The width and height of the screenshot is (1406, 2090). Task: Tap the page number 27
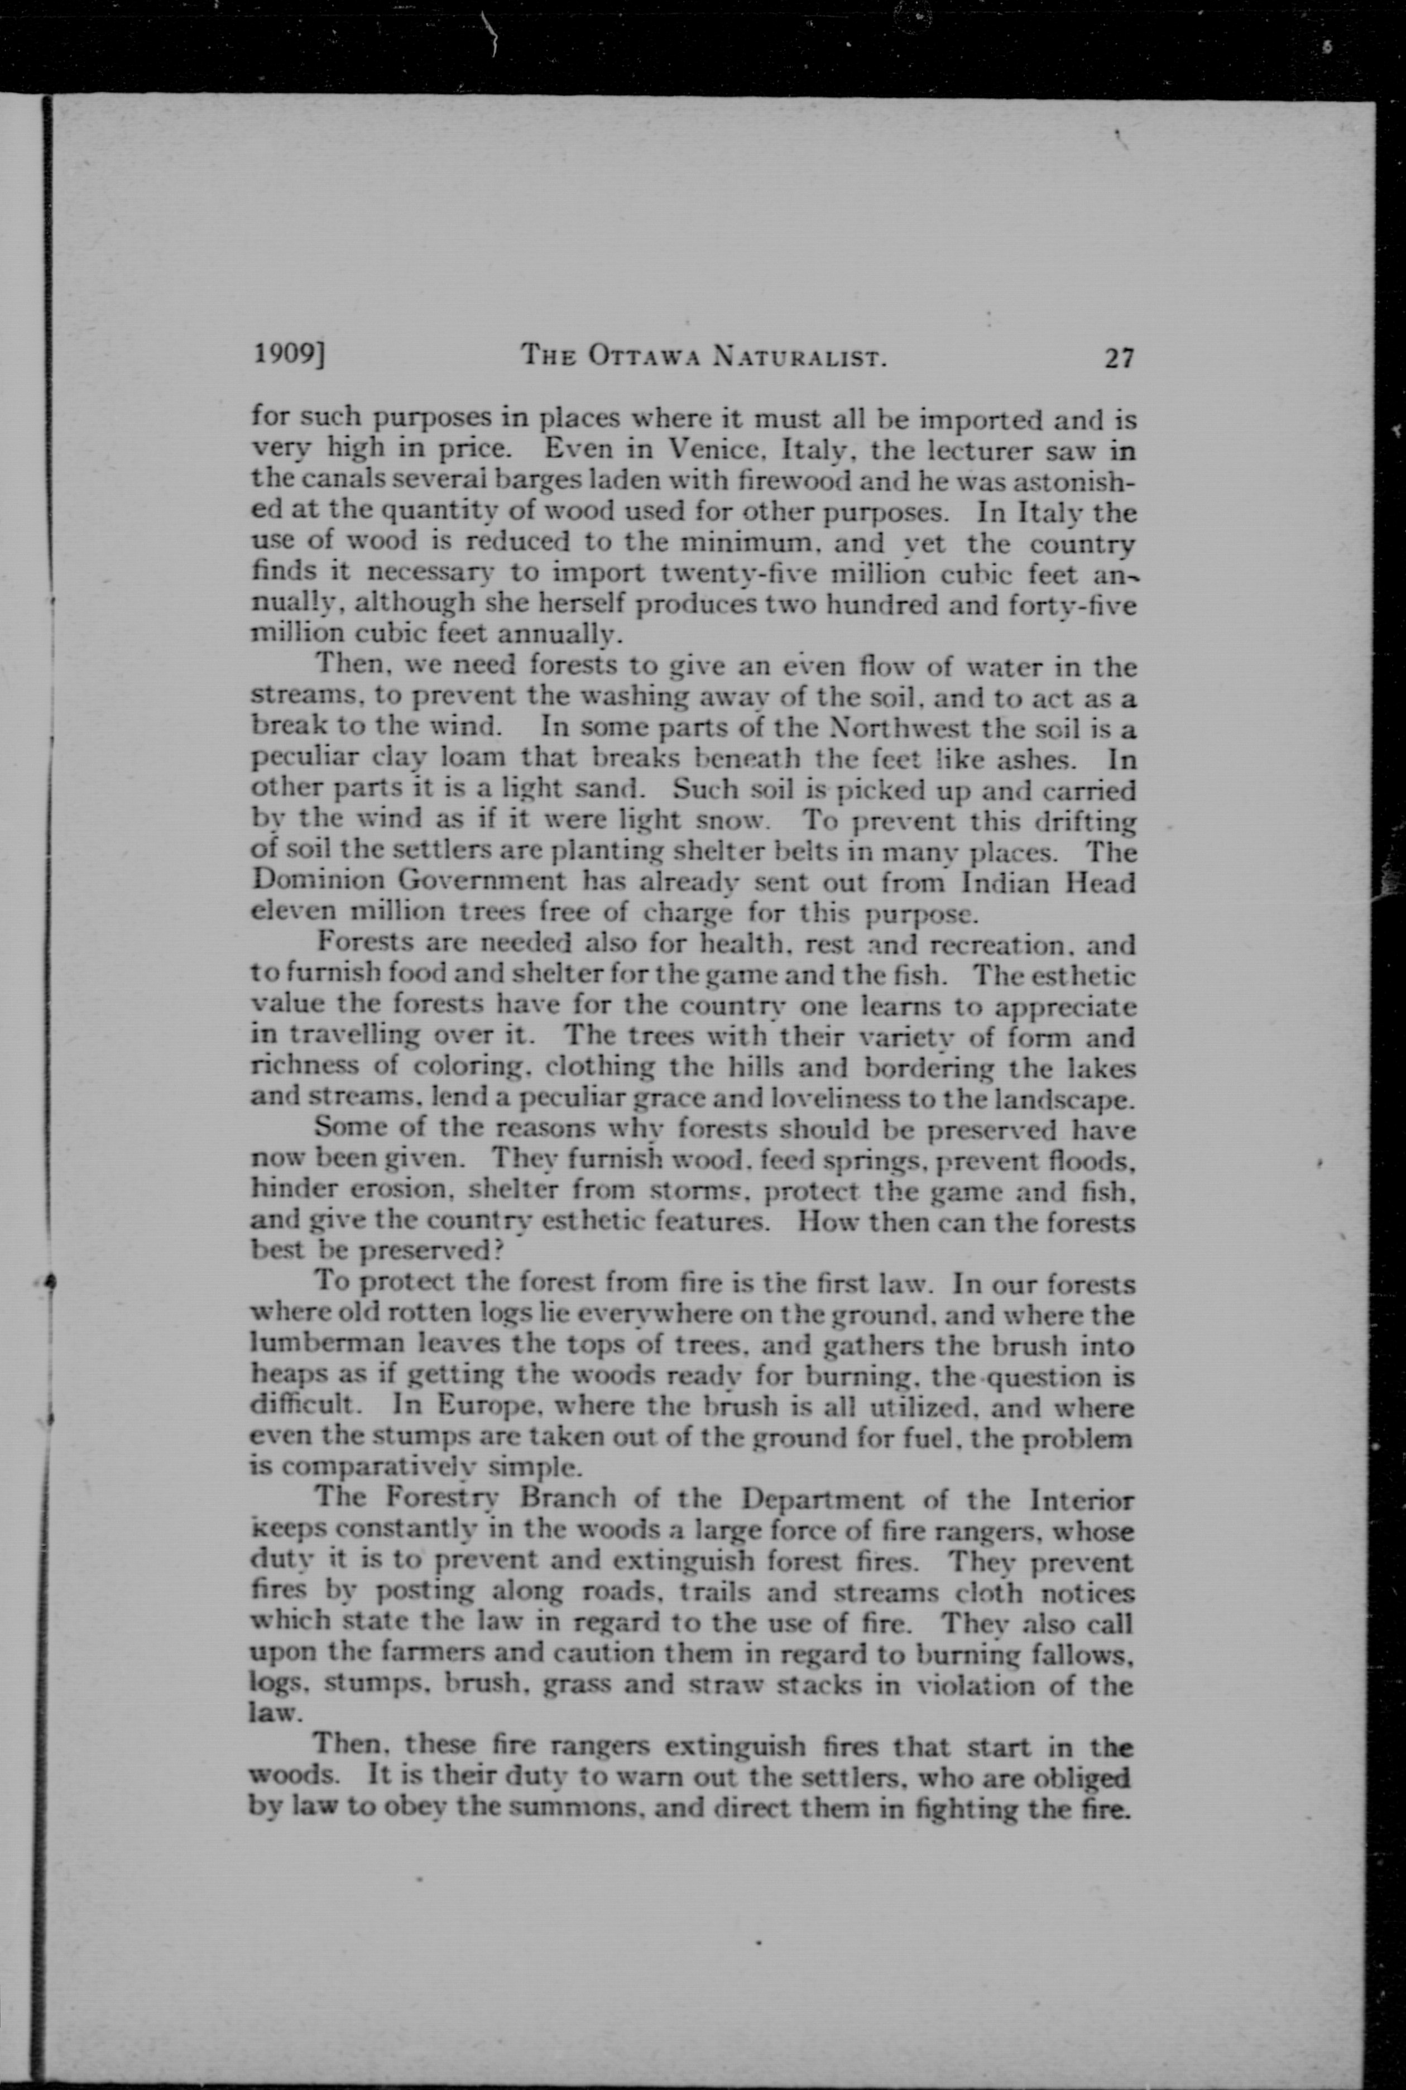[1119, 358]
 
